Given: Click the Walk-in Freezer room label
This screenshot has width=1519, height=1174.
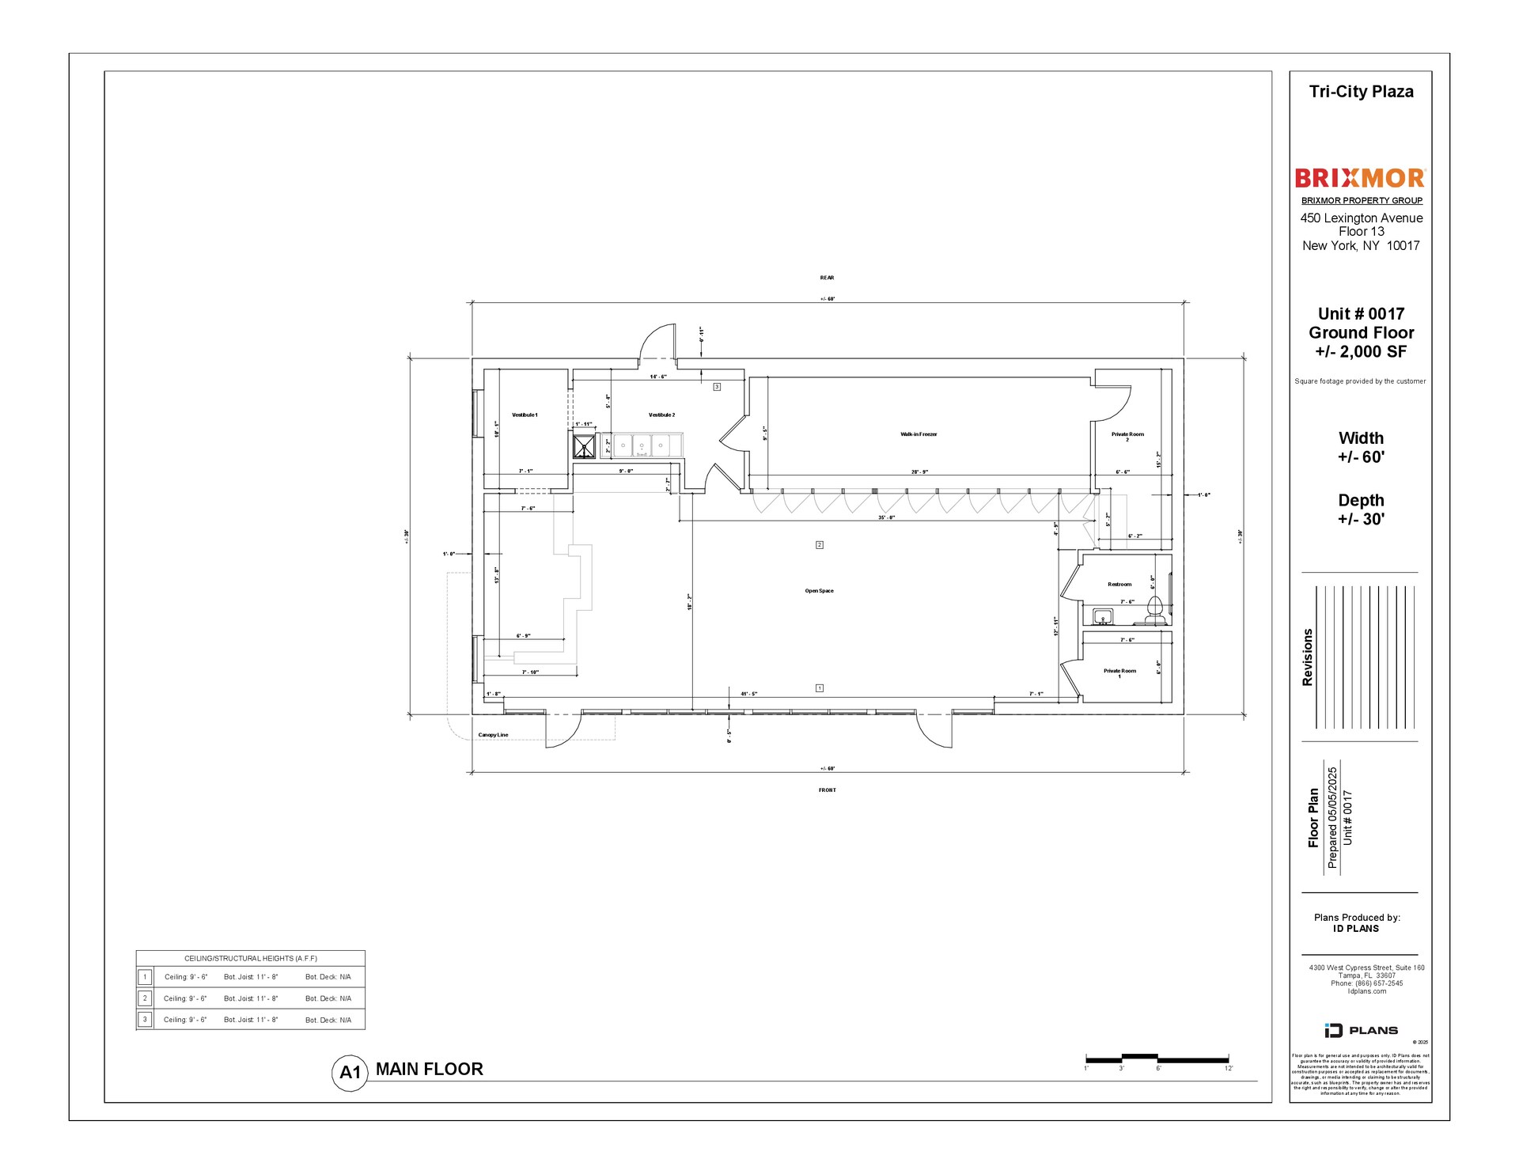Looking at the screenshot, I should (919, 434).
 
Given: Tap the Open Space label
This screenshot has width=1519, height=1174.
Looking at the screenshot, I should (819, 591).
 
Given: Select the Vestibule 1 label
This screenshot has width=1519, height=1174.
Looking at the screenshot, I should (525, 415).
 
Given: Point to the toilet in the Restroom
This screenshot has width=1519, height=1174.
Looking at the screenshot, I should (1155, 608).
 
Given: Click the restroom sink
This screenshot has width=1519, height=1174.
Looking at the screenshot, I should (1103, 616).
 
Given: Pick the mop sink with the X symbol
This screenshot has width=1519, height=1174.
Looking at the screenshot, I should (585, 445).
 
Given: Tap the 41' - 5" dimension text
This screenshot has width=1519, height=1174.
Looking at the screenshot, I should (748, 694).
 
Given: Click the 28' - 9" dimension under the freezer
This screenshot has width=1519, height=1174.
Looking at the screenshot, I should (919, 472).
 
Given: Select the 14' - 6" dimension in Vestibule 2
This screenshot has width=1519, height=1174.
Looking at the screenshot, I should (658, 377).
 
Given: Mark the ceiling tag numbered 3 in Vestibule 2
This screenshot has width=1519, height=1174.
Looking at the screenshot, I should (717, 387).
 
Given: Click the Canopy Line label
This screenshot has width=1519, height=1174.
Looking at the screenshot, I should (493, 735).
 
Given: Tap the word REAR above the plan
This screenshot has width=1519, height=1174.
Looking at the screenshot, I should (827, 278).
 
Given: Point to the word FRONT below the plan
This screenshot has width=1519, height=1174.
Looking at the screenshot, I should (827, 790).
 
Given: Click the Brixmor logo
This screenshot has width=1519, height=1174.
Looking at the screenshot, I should (1360, 178).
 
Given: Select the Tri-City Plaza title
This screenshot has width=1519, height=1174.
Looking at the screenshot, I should (1361, 92).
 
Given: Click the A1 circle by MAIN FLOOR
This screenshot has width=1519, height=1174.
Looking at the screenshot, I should (349, 1073).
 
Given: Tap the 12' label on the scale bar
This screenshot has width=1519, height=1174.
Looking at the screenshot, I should (1228, 1069).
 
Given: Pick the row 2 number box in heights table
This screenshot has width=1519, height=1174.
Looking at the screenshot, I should (145, 998).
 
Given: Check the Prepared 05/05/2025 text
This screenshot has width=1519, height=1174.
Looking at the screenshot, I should (1332, 817).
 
